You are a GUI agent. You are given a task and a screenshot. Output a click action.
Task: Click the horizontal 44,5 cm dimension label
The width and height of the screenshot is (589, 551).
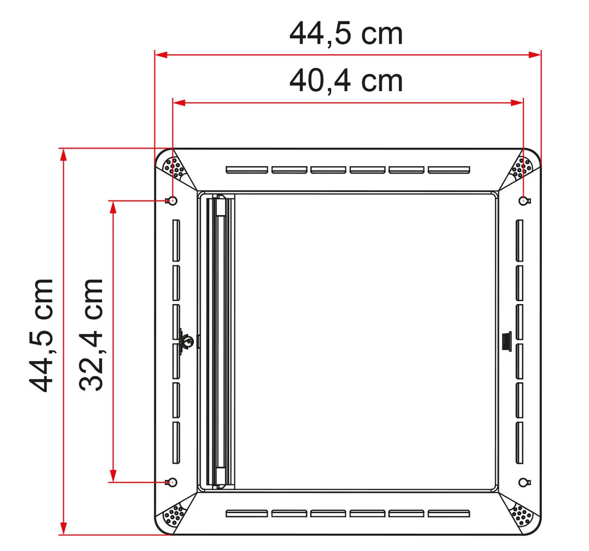pyautogui.click(x=346, y=34)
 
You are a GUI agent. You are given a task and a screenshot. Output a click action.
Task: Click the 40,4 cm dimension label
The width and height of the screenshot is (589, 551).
pyautogui.click(x=346, y=81)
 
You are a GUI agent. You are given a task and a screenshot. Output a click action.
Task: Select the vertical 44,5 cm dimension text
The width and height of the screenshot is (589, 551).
pyautogui.click(x=41, y=335)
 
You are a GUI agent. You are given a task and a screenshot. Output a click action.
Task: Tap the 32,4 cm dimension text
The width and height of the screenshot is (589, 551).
pyautogui.click(x=91, y=335)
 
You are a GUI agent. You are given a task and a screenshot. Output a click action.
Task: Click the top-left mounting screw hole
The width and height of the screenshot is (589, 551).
pyautogui.click(x=173, y=200)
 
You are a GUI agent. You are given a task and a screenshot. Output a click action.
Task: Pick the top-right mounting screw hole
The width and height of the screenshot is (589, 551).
pyautogui.click(x=523, y=200)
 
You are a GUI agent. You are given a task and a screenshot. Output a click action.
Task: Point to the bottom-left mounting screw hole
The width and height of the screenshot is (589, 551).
pyautogui.click(x=173, y=482)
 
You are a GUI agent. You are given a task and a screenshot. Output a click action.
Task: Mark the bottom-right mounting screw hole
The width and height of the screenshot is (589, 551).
pyautogui.click(x=523, y=482)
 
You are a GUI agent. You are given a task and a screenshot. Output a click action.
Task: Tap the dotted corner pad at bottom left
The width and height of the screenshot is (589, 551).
pyautogui.click(x=174, y=515)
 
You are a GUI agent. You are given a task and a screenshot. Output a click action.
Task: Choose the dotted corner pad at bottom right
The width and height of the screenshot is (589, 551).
pyautogui.click(x=521, y=515)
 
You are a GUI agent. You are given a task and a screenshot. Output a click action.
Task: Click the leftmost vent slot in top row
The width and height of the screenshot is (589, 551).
pyautogui.click(x=247, y=170)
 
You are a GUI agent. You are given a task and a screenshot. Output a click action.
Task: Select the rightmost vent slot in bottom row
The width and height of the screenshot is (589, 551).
pyautogui.click(x=449, y=513)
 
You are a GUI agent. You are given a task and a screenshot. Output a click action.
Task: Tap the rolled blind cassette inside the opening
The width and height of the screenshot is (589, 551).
pyautogui.click(x=220, y=341)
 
